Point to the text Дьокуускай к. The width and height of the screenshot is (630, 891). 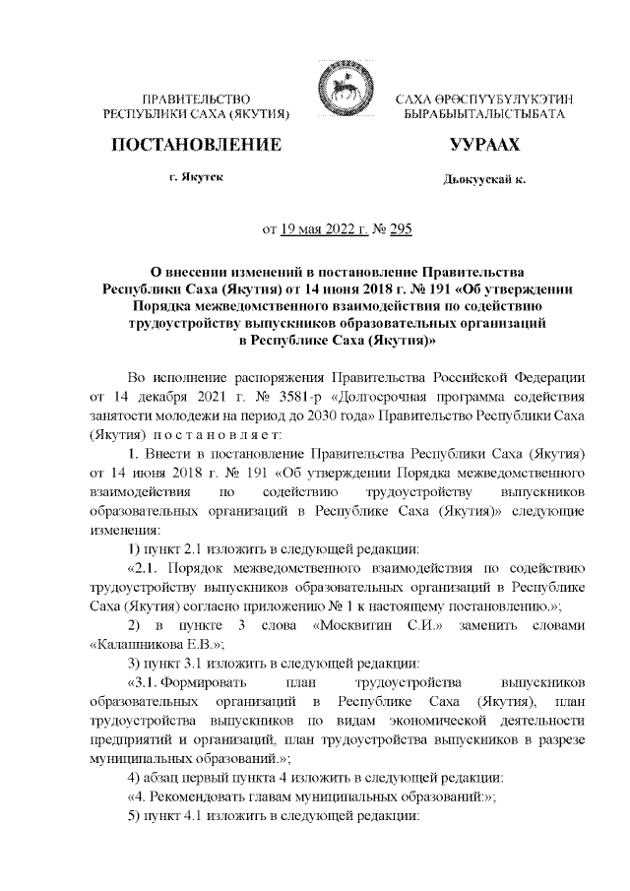click(x=485, y=180)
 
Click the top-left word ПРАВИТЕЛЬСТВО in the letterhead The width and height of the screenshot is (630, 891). click(x=197, y=99)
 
